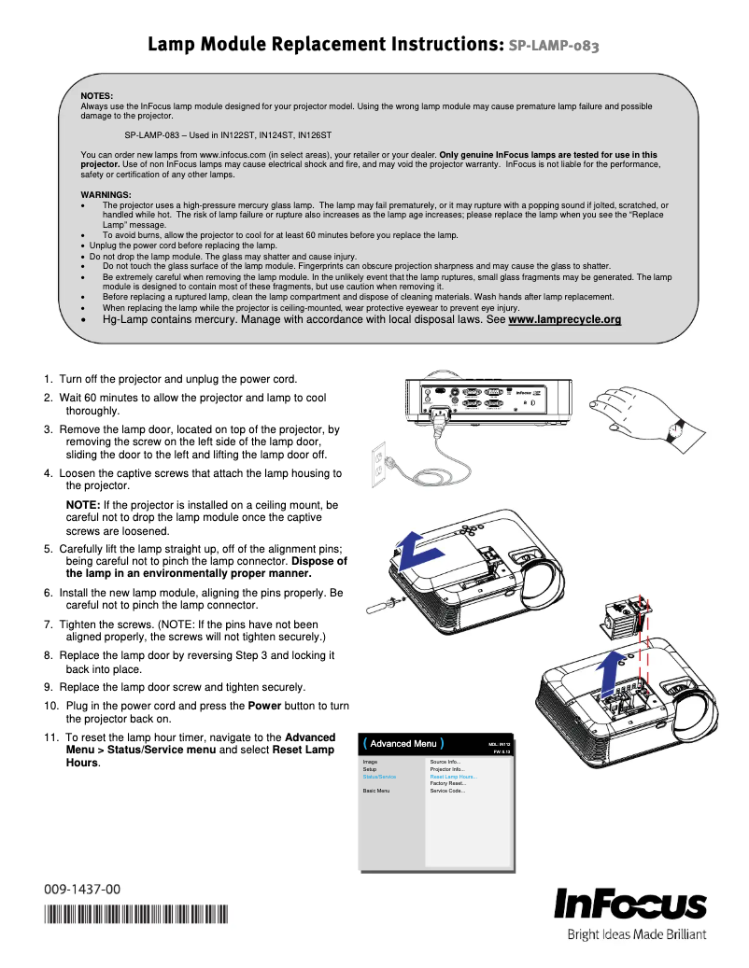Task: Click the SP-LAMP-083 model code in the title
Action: [x=553, y=45]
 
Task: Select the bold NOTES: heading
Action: [x=97, y=96]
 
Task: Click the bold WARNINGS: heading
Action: [x=106, y=194]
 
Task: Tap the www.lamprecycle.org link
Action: [x=564, y=320]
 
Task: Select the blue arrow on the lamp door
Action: [x=414, y=550]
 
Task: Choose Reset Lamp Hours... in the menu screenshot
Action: [x=453, y=777]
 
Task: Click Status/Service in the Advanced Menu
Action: [x=379, y=777]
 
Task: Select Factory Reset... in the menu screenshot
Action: [x=447, y=783]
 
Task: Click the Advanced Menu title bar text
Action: [x=403, y=744]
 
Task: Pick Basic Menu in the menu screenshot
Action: [x=375, y=791]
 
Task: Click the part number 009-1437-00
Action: [x=82, y=890]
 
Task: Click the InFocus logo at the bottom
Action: [x=630, y=905]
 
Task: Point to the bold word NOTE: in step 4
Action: [x=83, y=505]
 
